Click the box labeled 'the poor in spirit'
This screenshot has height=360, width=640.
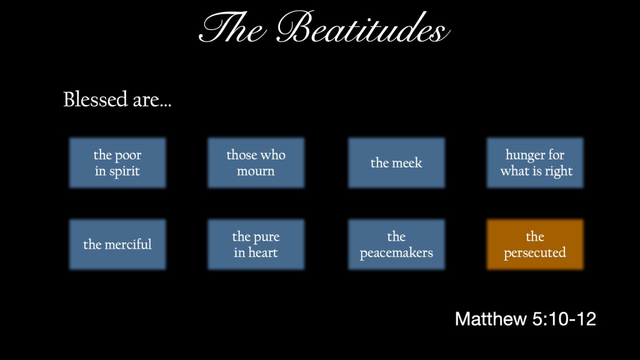[x=117, y=163]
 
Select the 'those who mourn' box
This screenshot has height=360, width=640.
[x=256, y=163]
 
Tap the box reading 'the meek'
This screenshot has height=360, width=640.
[x=396, y=163]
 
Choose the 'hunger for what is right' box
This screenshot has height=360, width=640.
[x=535, y=163]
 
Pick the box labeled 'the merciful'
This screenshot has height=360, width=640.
[x=117, y=244]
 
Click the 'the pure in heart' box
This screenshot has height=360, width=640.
[x=256, y=244]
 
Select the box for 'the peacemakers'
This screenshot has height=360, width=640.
[x=396, y=244]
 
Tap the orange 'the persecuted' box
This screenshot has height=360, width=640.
[x=535, y=244]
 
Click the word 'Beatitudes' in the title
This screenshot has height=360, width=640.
[x=363, y=27]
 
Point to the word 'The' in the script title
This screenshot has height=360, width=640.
[x=232, y=27]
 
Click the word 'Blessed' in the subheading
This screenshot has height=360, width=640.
[x=96, y=99]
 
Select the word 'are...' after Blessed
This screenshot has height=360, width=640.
[x=152, y=101]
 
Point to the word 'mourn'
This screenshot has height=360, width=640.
[x=256, y=171]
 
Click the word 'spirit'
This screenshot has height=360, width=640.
[x=124, y=172]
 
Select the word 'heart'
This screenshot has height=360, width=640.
[x=263, y=252]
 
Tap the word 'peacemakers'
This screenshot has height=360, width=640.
[x=396, y=253]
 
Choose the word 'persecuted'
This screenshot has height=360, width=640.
[x=535, y=253]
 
